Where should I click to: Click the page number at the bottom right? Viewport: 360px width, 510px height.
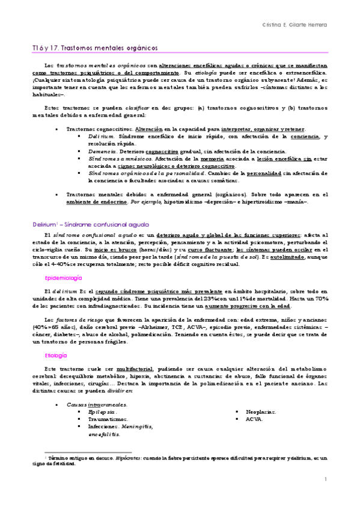pos(325,479)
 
